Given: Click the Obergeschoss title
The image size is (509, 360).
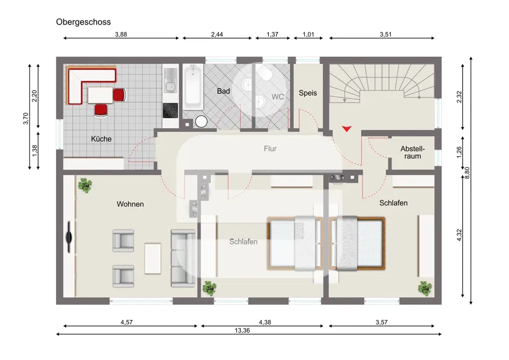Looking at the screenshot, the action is point(83,22).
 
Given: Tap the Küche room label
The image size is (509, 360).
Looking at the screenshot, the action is point(101,139).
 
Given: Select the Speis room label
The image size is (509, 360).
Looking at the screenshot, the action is point(308,93).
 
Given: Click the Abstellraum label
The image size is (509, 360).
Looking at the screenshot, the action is point(412,152).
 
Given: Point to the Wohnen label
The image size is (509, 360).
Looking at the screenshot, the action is point(130,204).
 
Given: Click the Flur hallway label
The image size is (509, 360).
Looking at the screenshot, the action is point(270,149).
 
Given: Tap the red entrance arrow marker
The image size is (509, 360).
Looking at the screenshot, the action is point(347,128).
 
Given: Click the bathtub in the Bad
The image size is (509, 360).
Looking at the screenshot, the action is point(193,87).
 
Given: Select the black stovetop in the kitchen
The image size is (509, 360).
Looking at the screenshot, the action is point(171,110).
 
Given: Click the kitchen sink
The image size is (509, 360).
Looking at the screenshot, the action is point(171,80).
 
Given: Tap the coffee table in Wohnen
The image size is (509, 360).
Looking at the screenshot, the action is point(153,258).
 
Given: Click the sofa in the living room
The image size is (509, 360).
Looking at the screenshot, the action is point(183,258).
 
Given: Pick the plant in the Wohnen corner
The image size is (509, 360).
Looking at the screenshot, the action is point(85,185).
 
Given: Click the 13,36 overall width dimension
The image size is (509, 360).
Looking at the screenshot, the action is point(242,330).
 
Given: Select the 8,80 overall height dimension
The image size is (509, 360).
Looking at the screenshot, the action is point(467,173).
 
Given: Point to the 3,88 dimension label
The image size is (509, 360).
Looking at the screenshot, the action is point(121,35).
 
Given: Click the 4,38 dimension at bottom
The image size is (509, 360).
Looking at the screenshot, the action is point(265,322).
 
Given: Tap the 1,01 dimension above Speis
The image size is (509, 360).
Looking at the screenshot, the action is point(308,35).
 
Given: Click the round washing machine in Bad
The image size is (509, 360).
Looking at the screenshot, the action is point(201,122).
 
